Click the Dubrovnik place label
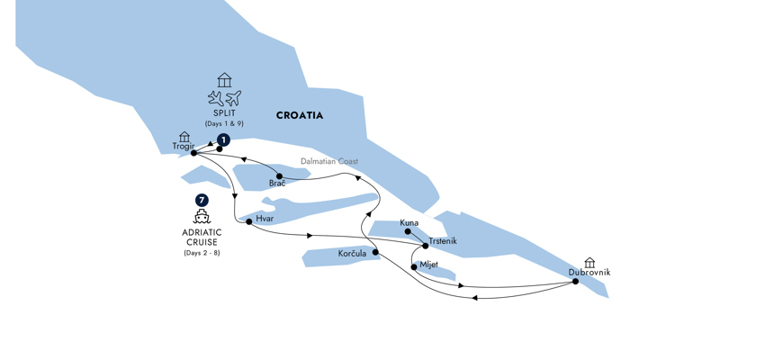click(589, 272)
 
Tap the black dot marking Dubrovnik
click(575, 282)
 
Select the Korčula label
click(351, 254)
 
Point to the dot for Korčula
click(375, 253)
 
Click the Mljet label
click(428, 265)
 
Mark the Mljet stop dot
click(414, 266)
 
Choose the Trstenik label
click(443, 240)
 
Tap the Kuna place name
click(409, 222)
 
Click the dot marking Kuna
click(408, 232)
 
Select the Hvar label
click(265, 218)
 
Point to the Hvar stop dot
click(249, 221)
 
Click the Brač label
click(277, 184)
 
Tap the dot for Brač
click(280, 176)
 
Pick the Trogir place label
click(183, 146)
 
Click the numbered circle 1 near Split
click(223, 140)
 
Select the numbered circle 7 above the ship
click(202, 201)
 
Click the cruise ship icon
click(202, 217)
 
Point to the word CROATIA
click(300, 116)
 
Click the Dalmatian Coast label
click(329, 162)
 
